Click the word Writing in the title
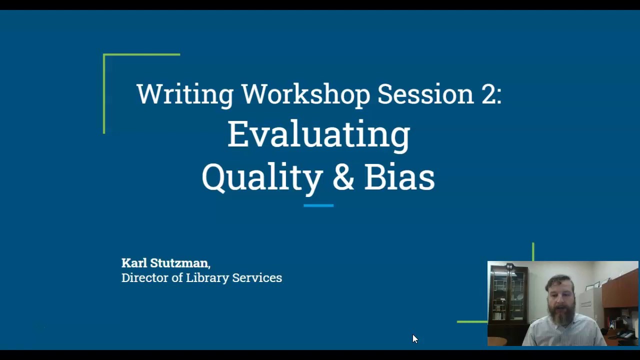[x=184, y=94]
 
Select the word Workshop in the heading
[x=305, y=94]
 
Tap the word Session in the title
[x=425, y=94]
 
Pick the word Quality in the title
[x=262, y=177]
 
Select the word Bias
[x=399, y=177]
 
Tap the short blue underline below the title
[x=318, y=205]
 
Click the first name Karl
[x=134, y=263]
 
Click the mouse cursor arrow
[x=414, y=338]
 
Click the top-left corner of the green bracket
[x=104, y=54]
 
